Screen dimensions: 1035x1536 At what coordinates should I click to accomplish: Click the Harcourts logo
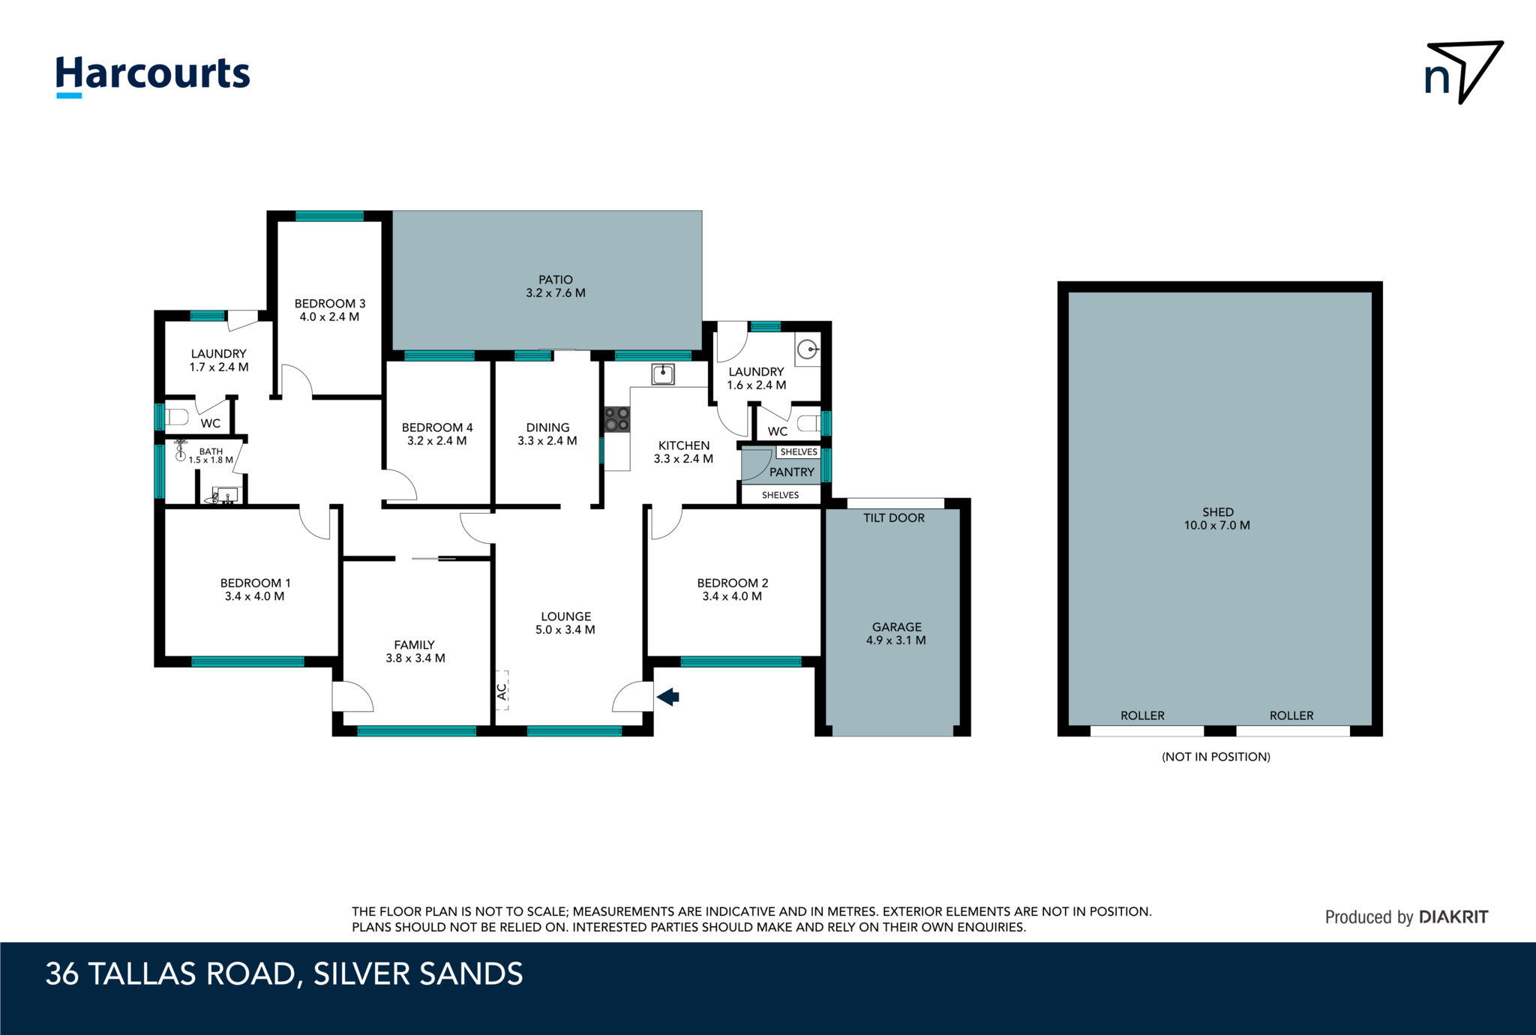pyautogui.click(x=153, y=76)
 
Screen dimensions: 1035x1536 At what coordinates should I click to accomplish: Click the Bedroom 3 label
pyautogui.click(x=329, y=304)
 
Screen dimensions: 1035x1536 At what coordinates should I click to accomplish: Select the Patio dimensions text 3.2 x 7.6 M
pyautogui.click(x=555, y=293)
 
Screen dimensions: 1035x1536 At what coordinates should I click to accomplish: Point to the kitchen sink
pyautogui.click(x=662, y=373)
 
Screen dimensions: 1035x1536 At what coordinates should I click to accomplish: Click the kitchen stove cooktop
pyautogui.click(x=616, y=419)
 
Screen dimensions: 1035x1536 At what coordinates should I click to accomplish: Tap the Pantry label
pyautogui.click(x=791, y=472)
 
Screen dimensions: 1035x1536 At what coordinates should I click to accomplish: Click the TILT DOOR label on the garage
pyautogui.click(x=893, y=517)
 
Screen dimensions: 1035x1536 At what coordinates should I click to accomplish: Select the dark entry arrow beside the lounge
pyautogui.click(x=668, y=697)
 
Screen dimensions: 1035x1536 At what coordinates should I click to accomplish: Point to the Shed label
pyautogui.click(x=1217, y=512)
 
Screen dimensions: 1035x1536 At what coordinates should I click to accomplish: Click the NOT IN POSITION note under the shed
pyautogui.click(x=1216, y=757)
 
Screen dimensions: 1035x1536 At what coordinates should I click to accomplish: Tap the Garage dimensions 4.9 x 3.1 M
pyautogui.click(x=895, y=640)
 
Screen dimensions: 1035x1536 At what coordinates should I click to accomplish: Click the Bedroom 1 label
pyautogui.click(x=255, y=583)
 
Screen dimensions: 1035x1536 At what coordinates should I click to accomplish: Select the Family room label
pyautogui.click(x=414, y=645)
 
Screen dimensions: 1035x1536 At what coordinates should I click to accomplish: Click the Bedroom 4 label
pyautogui.click(x=436, y=427)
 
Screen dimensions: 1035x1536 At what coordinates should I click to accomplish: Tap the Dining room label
pyautogui.click(x=547, y=427)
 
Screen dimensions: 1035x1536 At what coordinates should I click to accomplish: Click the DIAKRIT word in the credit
pyautogui.click(x=1453, y=916)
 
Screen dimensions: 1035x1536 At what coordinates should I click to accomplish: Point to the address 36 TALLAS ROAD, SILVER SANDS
pyautogui.click(x=283, y=974)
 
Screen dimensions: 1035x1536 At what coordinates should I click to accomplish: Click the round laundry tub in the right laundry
pyautogui.click(x=807, y=349)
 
